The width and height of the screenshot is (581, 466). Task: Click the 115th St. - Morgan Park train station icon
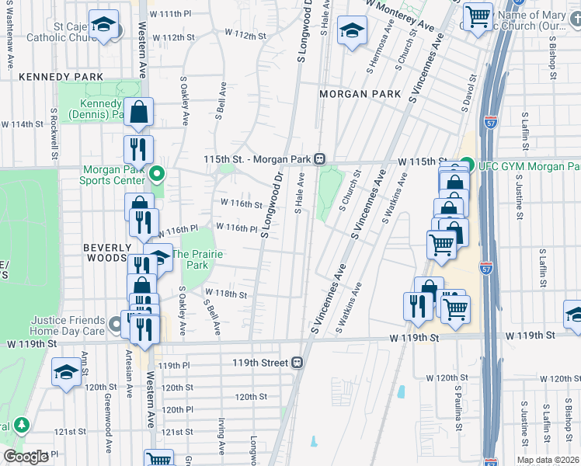click(x=319, y=159)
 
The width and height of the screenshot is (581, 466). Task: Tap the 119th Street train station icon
click(x=296, y=363)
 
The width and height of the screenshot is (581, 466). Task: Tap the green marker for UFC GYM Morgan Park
click(x=465, y=165)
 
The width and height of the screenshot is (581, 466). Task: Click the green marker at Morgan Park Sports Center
click(x=156, y=174)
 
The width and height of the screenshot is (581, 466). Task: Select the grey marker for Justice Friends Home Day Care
click(x=116, y=322)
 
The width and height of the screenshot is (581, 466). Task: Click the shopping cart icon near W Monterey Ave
click(x=478, y=15)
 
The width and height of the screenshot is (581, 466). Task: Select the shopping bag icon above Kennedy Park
click(x=138, y=113)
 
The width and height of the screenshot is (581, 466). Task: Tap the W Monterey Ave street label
click(x=401, y=16)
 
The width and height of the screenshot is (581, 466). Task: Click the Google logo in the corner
click(x=26, y=457)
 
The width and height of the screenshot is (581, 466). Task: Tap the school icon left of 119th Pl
click(x=66, y=372)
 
